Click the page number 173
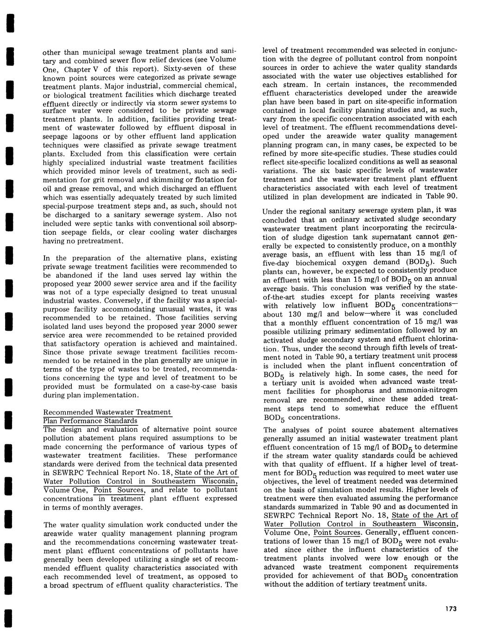(x=449, y=608)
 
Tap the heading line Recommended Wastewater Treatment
(x=107, y=412)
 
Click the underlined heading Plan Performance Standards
(x=90, y=421)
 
